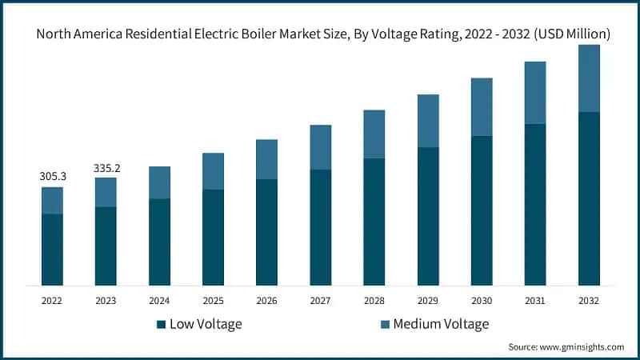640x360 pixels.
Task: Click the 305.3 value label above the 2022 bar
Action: (x=52, y=176)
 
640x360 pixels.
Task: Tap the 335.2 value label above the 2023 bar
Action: (x=106, y=168)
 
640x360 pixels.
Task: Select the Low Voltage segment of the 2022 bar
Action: (x=52, y=249)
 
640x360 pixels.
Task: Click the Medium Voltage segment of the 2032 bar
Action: (x=589, y=78)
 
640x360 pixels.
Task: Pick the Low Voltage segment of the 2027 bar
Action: (x=321, y=227)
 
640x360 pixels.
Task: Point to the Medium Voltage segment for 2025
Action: (x=213, y=171)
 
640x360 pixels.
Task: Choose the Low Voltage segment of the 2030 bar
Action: (x=482, y=210)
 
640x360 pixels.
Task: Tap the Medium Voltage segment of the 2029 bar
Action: (x=428, y=121)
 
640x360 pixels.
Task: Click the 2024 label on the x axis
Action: (x=159, y=301)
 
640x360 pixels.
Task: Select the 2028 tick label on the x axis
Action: (x=374, y=301)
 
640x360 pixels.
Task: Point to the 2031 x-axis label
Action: (x=535, y=301)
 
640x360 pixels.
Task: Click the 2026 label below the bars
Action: (x=266, y=301)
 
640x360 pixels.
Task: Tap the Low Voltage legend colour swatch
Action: (x=161, y=324)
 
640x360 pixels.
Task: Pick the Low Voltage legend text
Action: (x=206, y=324)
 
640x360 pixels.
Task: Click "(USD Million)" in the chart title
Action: (x=573, y=34)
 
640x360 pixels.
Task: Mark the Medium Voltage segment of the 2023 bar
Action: (x=106, y=192)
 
